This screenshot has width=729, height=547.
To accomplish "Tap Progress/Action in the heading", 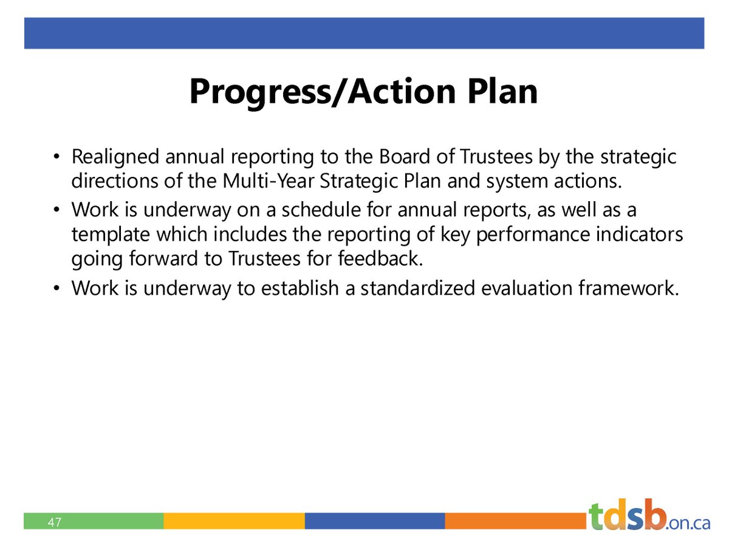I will (x=315, y=92).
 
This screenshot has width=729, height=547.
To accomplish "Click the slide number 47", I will (x=55, y=521).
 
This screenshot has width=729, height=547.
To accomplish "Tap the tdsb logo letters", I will (x=626, y=517).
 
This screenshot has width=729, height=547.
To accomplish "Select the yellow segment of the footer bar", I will (x=234, y=521).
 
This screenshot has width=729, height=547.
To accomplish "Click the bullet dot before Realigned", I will (x=56, y=158).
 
